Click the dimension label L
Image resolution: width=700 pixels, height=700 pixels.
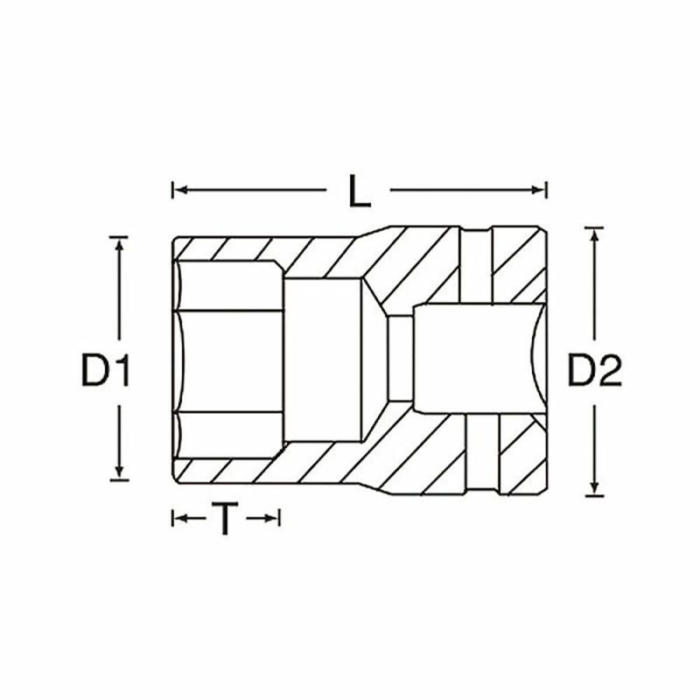[358, 190]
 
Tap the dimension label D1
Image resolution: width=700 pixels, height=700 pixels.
[106, 372]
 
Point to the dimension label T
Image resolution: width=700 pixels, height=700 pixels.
[226, 520]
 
